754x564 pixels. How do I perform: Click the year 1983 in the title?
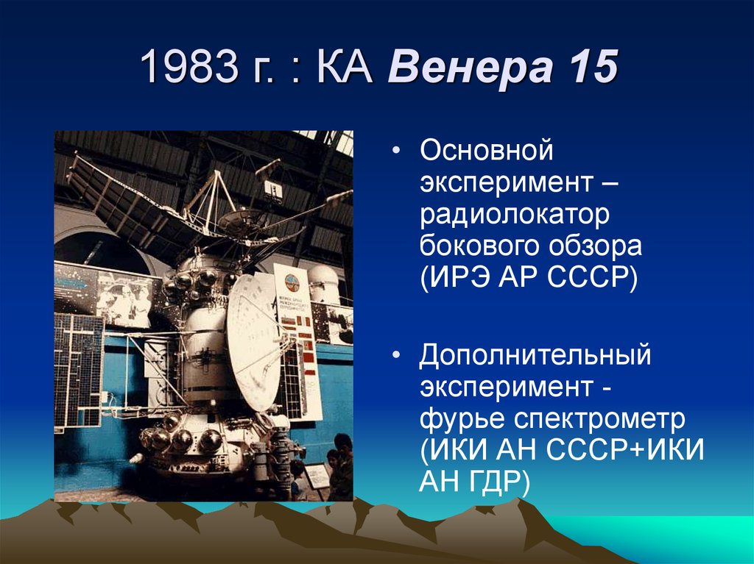189,66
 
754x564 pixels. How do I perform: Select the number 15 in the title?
593,66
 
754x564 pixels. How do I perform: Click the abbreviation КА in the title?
345,66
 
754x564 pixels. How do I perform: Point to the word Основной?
486,149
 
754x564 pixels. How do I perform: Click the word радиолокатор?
515,215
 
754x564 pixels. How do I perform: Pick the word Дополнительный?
535,356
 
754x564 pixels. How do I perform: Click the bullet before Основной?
395,150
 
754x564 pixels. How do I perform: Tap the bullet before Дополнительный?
395,355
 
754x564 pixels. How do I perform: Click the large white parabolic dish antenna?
253,341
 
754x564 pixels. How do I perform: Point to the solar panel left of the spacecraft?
79,371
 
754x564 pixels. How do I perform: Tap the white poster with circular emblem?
297,339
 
